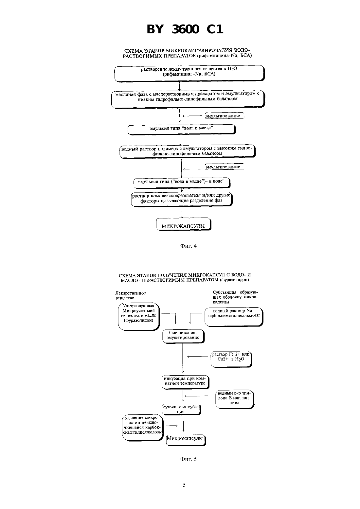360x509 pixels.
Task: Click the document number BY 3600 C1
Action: pyautogui.click(x=185, y=29)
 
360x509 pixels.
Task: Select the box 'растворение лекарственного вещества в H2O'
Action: pyautogui.click(x=189, y=73)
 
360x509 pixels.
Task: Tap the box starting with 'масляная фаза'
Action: pyautogui.click(x=188, y=99)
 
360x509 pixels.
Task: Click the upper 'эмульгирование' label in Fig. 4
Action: pyautogui.click(x=224, y=116)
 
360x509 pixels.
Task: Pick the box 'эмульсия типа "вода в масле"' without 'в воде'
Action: pyautogui.click(x=182, y=130)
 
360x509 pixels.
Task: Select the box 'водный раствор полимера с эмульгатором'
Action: pyautogui.click(x=188, y=151)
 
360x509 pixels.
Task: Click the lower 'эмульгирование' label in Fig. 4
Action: pyautogui.click(x=224, y=167)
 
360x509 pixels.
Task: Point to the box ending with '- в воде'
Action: pyautogui.click(x=182, y=183)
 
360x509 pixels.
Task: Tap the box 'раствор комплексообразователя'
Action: pyautogui.click(x=182, y=199)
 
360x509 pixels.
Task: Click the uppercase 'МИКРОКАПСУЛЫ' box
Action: pyautogui.click(x=184, y=224)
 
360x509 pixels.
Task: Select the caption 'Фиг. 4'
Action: pyautogui.click(x=189, y=246)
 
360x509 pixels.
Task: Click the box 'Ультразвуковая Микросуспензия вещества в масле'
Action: pyautogui.click(x=139, y=317)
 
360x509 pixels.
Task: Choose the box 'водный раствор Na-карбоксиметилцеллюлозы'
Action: pyautogui.click(x=234, y=317)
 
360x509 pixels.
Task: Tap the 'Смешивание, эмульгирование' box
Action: pyautogui.click(x=183, y=336)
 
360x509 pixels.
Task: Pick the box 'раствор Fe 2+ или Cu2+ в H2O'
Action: pyautogui.click(x=231, y=359)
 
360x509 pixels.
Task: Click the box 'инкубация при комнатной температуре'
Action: pyautogui.click(x=185, y=382)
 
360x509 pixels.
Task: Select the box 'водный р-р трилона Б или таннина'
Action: pyautogui.click(x=235, y=399)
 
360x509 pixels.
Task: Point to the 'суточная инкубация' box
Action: pyautogui.click(x=182, y=409)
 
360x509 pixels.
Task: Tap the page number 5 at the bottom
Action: pyautogui.click(x=184, y=485)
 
